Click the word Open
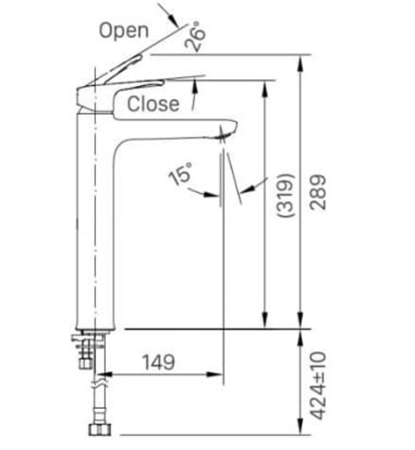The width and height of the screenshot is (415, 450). tap(123, 30)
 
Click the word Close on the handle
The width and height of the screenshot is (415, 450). tap(153, 104)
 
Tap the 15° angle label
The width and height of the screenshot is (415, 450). tap(181, 174)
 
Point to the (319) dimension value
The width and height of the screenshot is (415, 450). tap(286, 195)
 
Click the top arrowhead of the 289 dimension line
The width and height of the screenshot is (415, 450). tap(300, 61)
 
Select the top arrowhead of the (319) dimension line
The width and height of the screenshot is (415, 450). tap(263, 85)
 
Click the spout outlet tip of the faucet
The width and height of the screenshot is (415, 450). tap(222, 135)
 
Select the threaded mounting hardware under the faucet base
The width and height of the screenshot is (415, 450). tap(86, 350)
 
